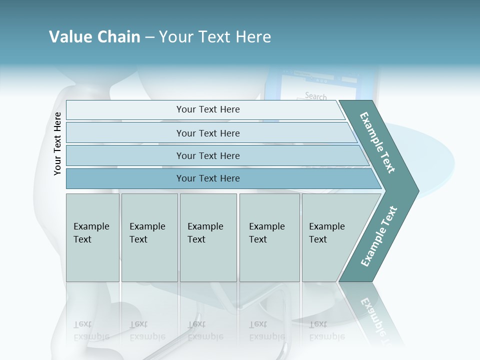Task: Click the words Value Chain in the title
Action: click(94, 37)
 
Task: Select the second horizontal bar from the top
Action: click(207, 133)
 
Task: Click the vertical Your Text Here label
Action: click(57, 143)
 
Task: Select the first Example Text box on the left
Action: click(92, 237)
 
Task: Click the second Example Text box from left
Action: click(149, 237)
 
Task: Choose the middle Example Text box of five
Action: click(208, 237)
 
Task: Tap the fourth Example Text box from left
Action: click(269, 237)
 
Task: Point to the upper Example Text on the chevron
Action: click(377, 143)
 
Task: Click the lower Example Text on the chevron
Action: click(378, 236)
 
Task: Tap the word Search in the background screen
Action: click(315, 95)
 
